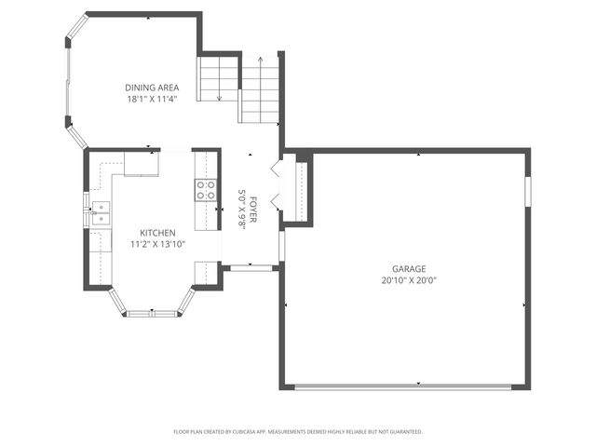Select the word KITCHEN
point(157,233)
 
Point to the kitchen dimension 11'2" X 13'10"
point(157,244)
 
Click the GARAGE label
point(408,267)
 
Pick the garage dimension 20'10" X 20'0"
point(408,279)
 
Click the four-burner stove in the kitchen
point(205,191)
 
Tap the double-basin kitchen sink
point(100,213)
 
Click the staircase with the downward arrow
point(219,79)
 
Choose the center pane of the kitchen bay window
point(151,314)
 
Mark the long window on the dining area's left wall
point(67,81)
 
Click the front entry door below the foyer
point(251,268)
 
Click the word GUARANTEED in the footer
point(403,432)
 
